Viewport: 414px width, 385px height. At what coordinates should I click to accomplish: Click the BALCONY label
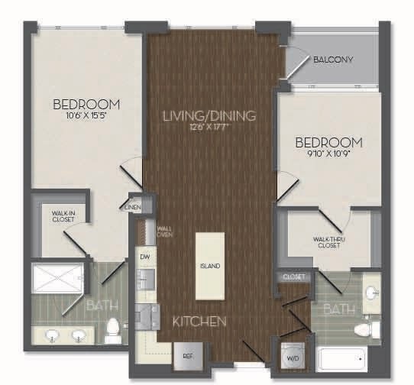(x=333, y=60)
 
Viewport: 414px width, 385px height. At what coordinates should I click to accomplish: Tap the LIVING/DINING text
(x=209, y=115)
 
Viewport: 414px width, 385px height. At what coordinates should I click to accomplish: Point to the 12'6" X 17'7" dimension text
(x=208, y=127)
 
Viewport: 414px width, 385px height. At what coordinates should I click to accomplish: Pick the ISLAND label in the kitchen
(x=210, y=266)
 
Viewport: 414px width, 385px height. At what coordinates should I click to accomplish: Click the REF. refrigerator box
(x=186, y=355)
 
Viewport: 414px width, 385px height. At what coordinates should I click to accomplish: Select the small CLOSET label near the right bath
(x=294, y=277)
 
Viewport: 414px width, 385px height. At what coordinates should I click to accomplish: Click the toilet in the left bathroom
(x=113, y=329)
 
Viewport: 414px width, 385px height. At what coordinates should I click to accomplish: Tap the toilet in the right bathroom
(x=370, y=329)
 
